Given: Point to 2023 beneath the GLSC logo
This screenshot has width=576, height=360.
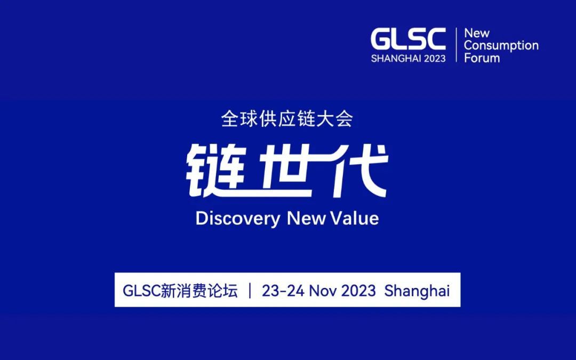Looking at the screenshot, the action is point(435,59).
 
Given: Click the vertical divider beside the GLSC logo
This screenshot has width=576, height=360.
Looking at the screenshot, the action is point(456,45).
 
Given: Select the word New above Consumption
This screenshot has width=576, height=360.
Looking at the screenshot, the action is point(477,33).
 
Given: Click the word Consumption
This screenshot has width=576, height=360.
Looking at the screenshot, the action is point(501,45).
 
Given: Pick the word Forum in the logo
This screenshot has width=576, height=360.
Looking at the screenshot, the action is point(482,58).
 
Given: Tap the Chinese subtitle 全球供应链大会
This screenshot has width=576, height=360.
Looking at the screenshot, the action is point(287,119).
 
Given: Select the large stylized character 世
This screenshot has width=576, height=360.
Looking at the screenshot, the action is point(286,171).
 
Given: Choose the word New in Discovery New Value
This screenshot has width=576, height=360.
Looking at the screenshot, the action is point(306,218).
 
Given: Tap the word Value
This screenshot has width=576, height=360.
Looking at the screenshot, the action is point(354,218).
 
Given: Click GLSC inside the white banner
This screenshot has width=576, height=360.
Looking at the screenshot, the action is point(141,291).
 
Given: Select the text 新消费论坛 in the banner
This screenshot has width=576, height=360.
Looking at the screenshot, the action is point(199,291).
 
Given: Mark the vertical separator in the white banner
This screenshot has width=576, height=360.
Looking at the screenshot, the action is point(250,291).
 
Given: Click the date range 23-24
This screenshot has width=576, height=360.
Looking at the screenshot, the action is point(283,291).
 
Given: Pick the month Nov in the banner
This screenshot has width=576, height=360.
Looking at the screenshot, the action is point(323,291).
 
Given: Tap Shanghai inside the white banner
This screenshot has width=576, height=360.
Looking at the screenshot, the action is point(417,291).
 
